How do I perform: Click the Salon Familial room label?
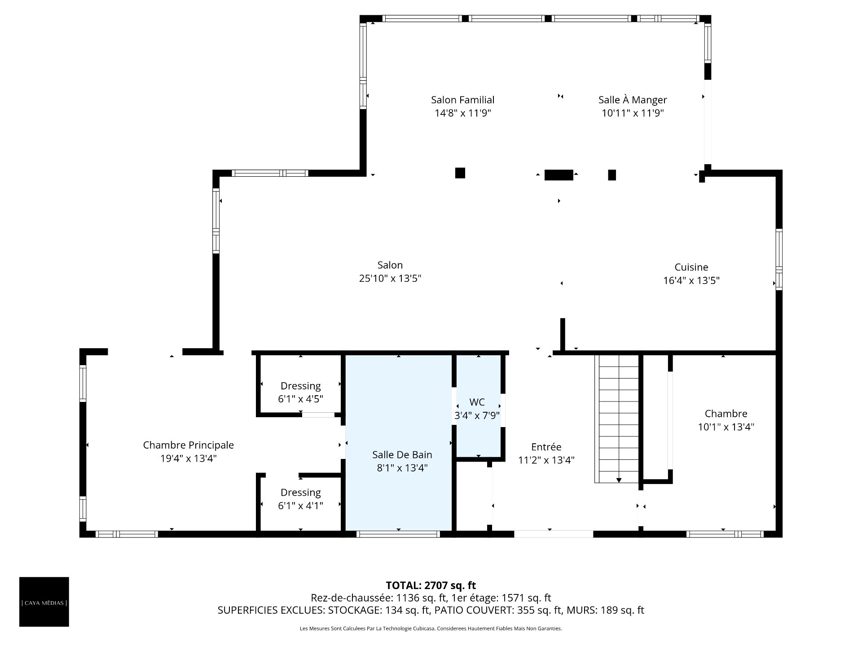[x=462, y=100]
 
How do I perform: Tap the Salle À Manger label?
[x=633, y=100]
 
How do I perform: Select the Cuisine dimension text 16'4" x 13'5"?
[x=691, y=281]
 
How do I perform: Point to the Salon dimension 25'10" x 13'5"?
[x=390, y=279]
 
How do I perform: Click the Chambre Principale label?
[x=188, y=445]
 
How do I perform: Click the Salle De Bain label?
[x=402, y=455]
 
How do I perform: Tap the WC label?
[x=477, y=402]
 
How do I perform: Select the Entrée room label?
[x=546, y=447]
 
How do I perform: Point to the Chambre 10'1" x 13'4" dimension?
[x=726, y=427]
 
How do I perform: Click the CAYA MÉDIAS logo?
[x=44, y=602]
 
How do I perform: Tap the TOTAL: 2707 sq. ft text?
[x=431, y=585]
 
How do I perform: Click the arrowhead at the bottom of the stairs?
[x=619, y=480]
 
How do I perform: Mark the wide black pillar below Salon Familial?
[x=559, y=175]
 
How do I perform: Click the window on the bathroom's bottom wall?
[x=398, y=534]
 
